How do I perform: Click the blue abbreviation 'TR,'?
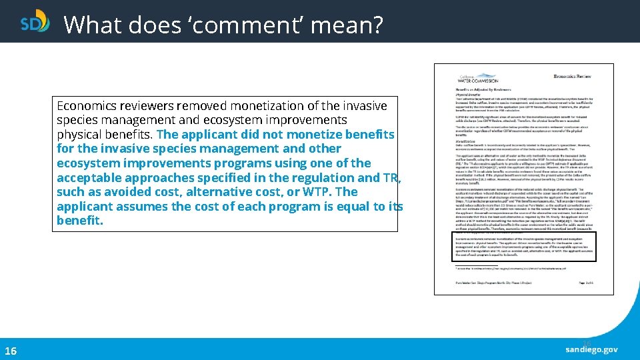[392, 177]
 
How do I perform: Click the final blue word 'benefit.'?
[80, 221]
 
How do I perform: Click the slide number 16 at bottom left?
[11, 351]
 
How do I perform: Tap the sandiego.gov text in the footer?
[592, 349]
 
